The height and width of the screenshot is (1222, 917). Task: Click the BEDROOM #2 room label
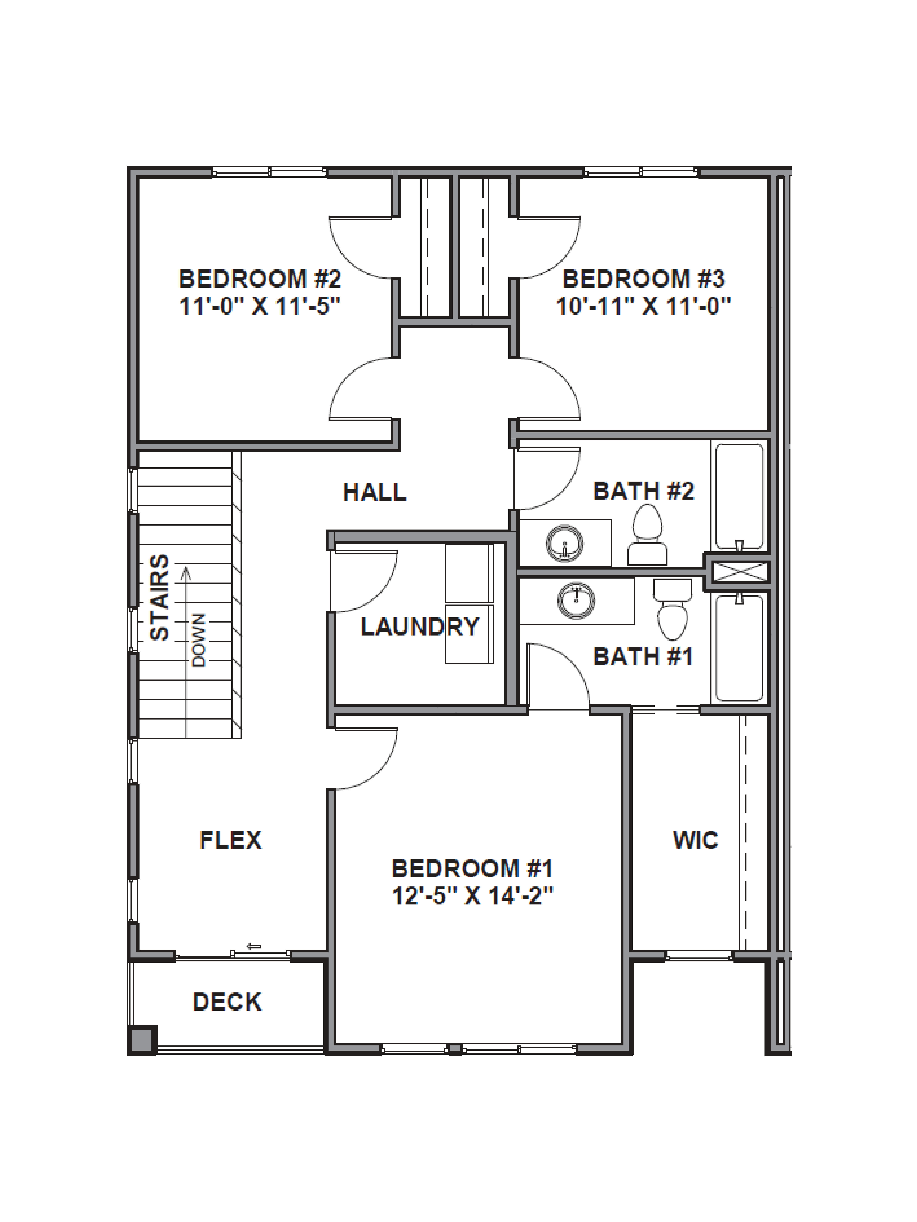coord(260,279)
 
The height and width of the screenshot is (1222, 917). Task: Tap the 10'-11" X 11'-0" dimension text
coord(643,305)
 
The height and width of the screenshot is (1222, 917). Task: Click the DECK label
coord(227,1002)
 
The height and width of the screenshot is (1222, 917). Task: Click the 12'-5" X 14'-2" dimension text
coord(473,896)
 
